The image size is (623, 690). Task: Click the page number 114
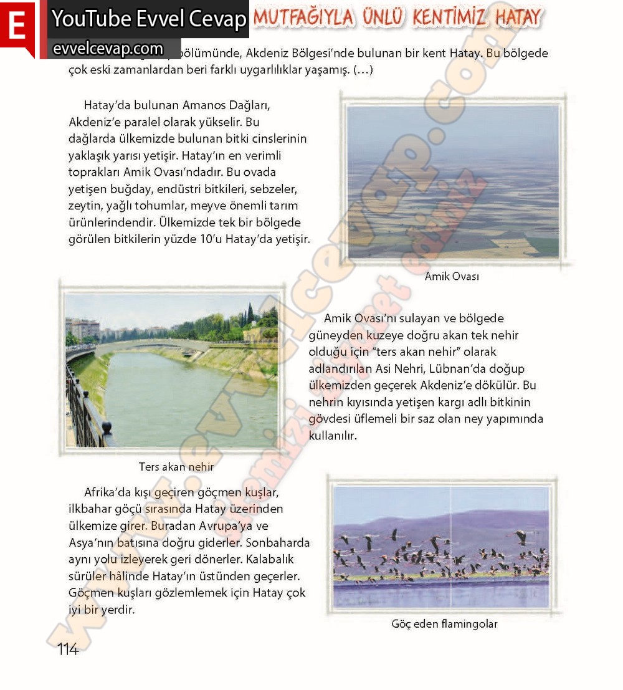[68, 649]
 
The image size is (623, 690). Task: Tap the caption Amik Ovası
[452, 276]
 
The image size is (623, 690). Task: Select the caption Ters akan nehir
[176, 466]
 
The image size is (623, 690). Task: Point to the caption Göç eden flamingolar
[444, 623]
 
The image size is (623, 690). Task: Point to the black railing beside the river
[84, 408]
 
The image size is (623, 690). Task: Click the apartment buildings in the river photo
[82, 328]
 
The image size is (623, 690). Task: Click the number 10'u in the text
[224, 239]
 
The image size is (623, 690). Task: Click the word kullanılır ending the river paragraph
[333, 436]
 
